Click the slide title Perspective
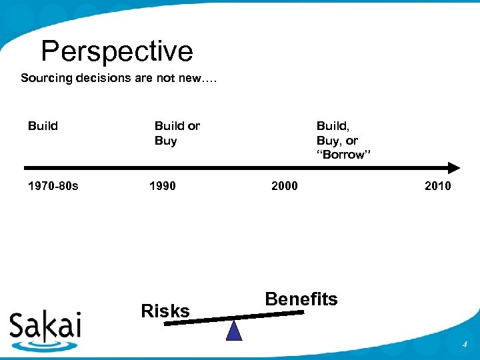click(x=117, y=51)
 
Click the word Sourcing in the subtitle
click(x=46, y=78)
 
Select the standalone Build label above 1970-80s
click(x=43, y=126)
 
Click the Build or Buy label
click(x=177, y=133)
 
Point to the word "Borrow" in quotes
click(x=343, y=155)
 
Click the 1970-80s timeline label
click(x=53, y=185)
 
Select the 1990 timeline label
click(x=163, y=185)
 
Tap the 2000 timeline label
click(x=285, y=185)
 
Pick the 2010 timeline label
click(x=437, y=185)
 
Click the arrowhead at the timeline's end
click(x=453, y=167)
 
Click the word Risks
click(x=165, y=311)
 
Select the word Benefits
click(x=301, y=299)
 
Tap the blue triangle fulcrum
click(x=234, y=331)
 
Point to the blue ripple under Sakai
click(x=45, y=345)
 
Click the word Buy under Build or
click(x=165, y=140)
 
